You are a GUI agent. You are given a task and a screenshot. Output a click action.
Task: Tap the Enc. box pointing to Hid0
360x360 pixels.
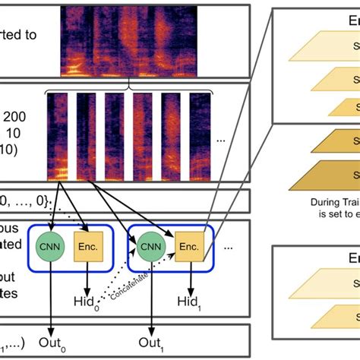[87, 245]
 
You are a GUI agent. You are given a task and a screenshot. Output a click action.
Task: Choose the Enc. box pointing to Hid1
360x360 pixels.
[189, 245]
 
